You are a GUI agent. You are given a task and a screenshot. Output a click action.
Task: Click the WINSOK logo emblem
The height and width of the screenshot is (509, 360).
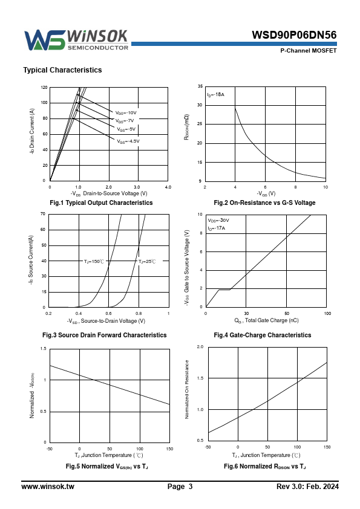click(45, 41)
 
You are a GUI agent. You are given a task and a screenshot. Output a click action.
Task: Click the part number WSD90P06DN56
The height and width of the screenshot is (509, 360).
click(294, 35)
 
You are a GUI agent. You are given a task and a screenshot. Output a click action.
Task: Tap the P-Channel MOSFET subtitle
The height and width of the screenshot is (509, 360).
click(309, 51)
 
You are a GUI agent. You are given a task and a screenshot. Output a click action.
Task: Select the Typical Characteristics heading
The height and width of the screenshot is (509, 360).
click(62, 70)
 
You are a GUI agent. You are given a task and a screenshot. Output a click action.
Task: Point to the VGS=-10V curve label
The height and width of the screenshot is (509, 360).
click(126, 113)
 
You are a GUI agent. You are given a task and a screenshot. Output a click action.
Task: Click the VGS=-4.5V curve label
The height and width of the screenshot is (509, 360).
click(128, 141)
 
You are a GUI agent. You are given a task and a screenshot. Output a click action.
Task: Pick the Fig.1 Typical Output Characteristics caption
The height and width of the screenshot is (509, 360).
click(101, 203)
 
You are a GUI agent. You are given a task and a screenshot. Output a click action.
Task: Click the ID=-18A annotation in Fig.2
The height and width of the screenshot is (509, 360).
click(216, 95)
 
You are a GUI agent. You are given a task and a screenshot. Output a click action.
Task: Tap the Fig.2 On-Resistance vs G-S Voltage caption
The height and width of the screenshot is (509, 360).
click(264, 203)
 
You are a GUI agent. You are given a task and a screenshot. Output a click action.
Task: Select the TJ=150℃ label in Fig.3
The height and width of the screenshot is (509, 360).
click(94, 261)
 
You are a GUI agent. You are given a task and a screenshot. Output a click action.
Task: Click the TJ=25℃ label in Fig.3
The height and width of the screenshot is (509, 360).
click(147, 261)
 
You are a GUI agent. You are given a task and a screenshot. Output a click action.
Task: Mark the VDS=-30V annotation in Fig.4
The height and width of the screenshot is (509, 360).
click(218, 221)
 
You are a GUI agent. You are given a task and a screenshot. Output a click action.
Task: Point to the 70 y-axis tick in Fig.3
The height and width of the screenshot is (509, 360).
click(43, 214)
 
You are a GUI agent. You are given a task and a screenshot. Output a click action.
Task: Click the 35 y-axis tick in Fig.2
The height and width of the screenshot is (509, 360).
click(200, 86)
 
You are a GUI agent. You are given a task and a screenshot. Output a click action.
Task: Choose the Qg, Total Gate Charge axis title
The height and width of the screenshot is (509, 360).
click(266, 321)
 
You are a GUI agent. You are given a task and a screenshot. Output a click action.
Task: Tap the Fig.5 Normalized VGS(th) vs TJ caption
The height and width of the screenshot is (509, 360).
click(107, 467)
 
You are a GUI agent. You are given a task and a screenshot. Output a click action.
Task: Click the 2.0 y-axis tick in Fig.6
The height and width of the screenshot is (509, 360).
click(200, 347)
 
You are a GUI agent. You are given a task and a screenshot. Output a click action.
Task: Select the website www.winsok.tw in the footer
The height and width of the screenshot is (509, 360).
click(48, 487)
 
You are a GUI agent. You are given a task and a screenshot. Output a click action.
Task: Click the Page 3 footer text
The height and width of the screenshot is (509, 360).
click(180, 487)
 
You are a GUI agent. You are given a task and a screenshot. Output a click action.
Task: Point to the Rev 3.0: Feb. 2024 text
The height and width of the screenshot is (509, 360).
click(307, 487)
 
